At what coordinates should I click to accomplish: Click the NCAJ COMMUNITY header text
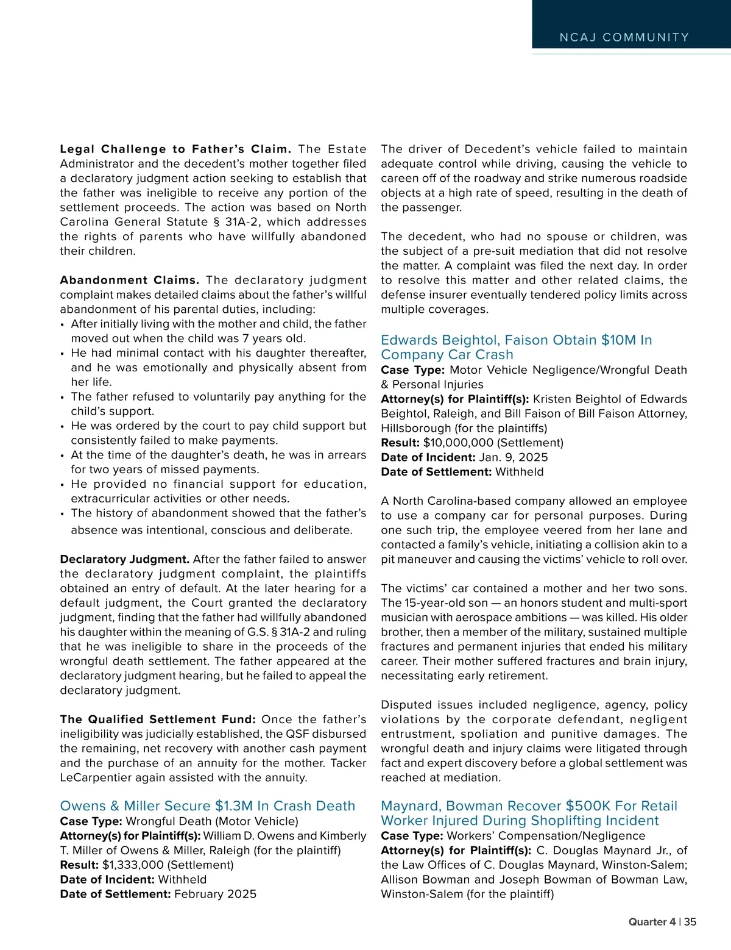pos(624,38)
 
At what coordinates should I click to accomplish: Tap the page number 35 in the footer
pos(690,922)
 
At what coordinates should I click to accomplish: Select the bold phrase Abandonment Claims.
pos(130,280)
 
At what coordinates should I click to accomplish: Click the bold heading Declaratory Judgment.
pos(125,559)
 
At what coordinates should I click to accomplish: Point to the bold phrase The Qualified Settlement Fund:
pos(158,720)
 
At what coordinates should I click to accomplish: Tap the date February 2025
pos(215,894)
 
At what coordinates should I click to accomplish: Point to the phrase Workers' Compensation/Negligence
pos(546,835)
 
